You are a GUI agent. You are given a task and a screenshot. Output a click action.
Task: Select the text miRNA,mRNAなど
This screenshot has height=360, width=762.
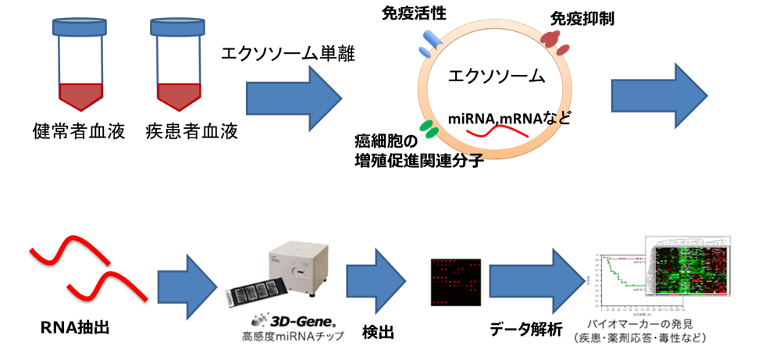509,119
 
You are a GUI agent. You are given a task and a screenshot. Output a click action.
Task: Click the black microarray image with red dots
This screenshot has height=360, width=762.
452,281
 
